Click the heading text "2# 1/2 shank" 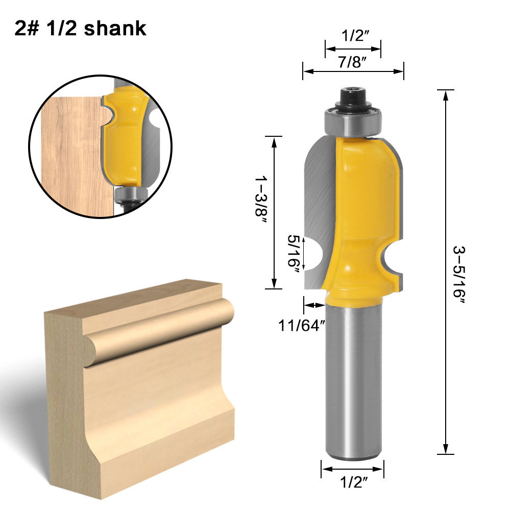point(81,28)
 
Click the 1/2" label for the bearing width point(353,36)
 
